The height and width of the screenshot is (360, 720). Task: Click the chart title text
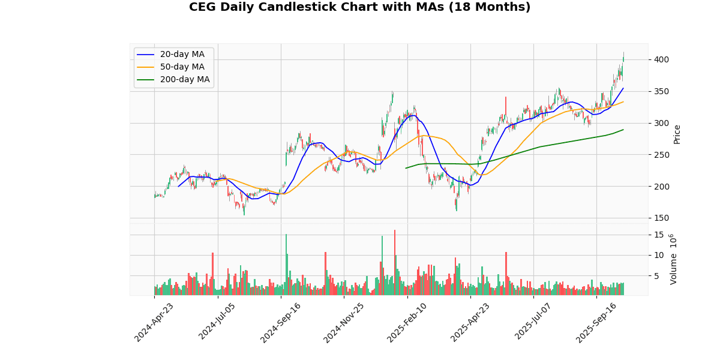(x=359, y=7)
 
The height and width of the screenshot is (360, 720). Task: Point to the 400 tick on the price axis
(x=661, y=59)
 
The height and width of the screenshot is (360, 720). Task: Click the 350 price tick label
(x=661, y=91)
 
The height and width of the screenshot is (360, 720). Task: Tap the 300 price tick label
(x=661, y=123)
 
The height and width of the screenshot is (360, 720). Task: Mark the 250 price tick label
(x=661, y=155)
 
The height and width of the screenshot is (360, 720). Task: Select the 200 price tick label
(x=661, y=187)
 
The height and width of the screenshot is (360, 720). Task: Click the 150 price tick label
(x=661, y=218)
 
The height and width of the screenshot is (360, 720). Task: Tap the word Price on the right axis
(x=677, y=134)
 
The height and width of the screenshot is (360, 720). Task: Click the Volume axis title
(x=673, y=259)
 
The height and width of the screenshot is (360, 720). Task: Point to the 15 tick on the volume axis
(x=658, y=235)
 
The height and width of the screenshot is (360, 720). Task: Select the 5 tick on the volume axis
(x=656, y=276)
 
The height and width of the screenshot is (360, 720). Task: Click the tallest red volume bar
(x=394, y=263)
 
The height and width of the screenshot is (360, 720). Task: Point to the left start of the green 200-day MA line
(x=406, y=168)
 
